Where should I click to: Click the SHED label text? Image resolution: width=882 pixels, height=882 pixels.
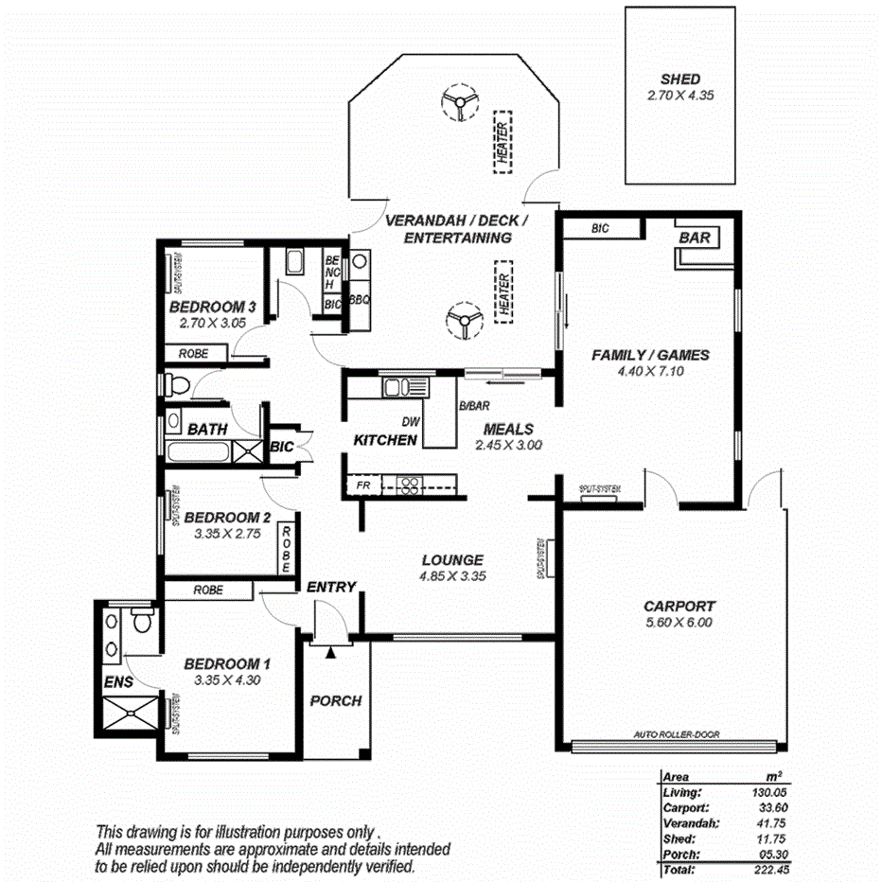click(679, 79)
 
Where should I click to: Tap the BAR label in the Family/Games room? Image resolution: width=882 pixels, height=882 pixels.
click(695, 238)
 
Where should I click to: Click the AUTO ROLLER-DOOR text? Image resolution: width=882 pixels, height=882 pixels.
click(678, 734)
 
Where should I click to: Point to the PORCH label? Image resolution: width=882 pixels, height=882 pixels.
click(336, 700)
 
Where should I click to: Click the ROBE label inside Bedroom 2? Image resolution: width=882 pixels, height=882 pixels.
click(287, 550)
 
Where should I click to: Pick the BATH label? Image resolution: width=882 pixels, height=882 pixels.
click(206, 429)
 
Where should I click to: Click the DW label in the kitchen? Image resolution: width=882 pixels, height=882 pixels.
click(410, 422)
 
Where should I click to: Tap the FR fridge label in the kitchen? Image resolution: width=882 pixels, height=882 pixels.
click(362, 485)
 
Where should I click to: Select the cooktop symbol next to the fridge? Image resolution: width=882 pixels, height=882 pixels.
click(409, 485)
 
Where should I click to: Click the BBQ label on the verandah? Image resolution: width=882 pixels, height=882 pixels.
click(360, 299)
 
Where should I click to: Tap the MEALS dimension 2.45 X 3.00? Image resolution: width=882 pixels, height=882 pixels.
click(508, 444)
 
